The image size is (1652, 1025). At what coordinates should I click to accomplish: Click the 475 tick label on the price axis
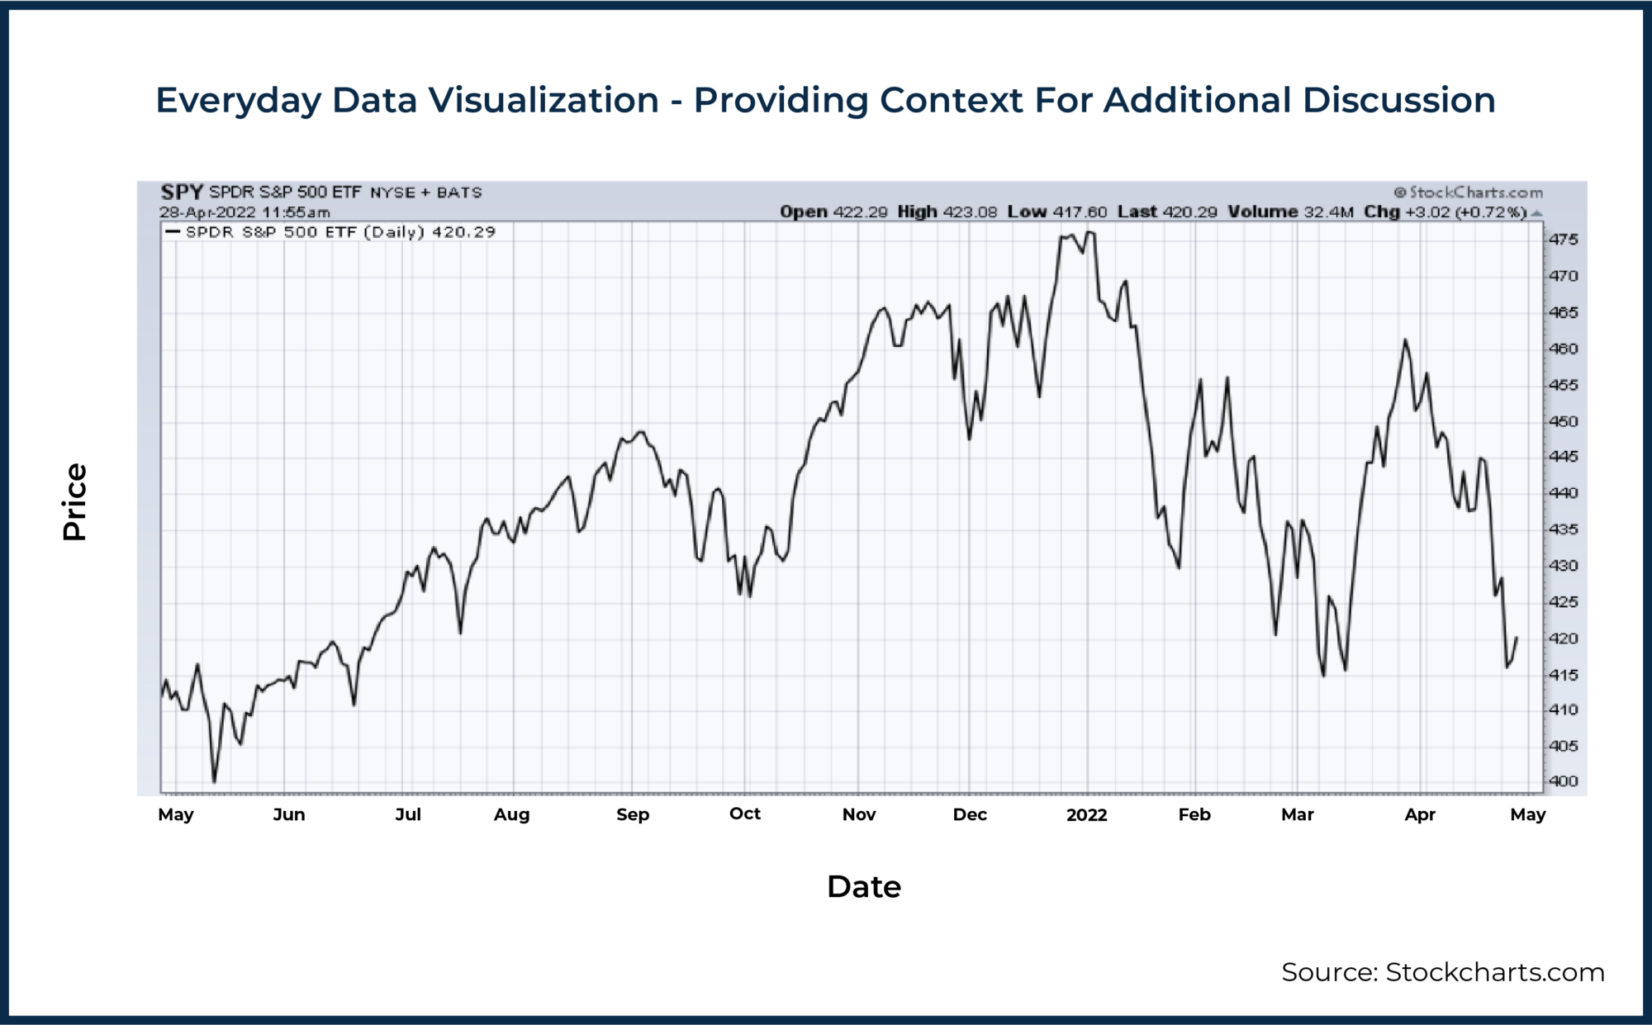[x=1563, y=240]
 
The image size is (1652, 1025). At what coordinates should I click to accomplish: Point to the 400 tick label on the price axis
[x=1563, y=781]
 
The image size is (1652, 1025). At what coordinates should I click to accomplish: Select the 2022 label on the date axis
[x=1086, y=814]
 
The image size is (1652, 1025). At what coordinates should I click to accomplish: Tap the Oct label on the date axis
[x=744, y=814]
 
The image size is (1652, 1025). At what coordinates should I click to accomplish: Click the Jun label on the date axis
[x=289, y=814]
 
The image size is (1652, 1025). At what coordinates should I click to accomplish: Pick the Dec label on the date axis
[x=970, y=814]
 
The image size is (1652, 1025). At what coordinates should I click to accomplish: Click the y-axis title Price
[x=74, y=501]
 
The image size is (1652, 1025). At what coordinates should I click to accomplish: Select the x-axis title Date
[x=863, y=886]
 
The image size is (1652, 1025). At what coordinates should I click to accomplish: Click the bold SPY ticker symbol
[x=182, y=192]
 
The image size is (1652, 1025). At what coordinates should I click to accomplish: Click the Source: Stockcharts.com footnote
[x=1442, y=972]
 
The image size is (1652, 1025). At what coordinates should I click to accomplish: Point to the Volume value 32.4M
[x=1328, y=212]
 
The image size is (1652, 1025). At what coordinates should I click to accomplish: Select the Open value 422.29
[x=860, y=212]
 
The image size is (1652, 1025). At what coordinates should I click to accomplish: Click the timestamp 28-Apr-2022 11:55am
[x=244, y=212]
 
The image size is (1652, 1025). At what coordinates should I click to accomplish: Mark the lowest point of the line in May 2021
[x=214, y=781]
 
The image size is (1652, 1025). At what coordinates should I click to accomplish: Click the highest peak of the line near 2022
[x=1089, y=233]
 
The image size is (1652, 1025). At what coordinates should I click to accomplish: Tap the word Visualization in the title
[x=543, y=100]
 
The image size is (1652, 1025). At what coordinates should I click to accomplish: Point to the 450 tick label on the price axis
[x=1563, y=421]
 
